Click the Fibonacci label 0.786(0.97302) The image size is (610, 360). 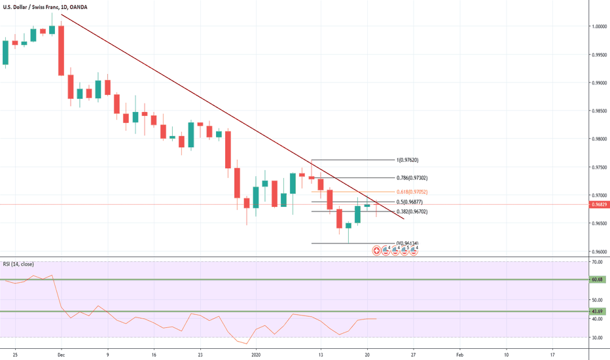click(x=412, y=177)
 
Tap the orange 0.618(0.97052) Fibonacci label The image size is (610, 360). click(x=412, y=191)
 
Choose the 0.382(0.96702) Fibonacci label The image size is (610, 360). click(x=412, y=212)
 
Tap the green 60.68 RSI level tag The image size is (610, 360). click(x=597, y=280)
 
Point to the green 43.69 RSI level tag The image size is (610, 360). click(x=597, y=312)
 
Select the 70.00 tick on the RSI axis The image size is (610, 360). click(x=596, y=262)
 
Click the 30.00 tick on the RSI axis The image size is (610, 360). click(x=596, y=338)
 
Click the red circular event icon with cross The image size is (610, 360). click(x=376, y=250)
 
